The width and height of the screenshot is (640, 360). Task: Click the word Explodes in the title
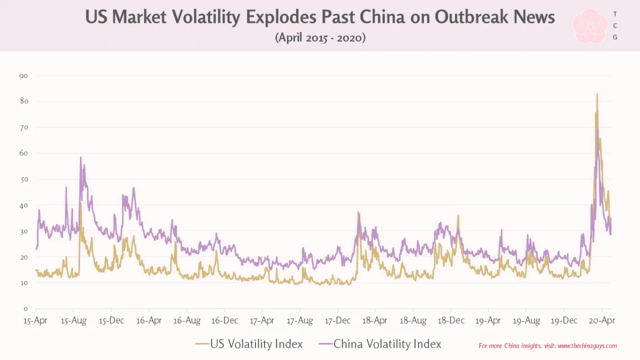pyautogui.click(x=281, y=17)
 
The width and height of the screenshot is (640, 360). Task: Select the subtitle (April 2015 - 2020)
pyautogui.click(x=320, y=38)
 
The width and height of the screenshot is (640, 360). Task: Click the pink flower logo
pyautogui.click(x=590, y=26)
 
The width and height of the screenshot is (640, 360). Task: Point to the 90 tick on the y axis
pyautogui.click(x=23, y=76)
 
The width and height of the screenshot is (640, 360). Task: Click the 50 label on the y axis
pyautogui.click(x=23, y=180)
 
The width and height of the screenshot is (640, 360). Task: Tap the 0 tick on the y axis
pyautogui.click(x=26, y=309)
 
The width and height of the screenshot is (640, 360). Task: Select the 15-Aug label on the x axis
pyautogui.click(x=74, y=321)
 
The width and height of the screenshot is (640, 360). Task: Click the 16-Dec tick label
pyautogui.click(x=225, y=321)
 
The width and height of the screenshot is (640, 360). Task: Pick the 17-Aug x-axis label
pyautogui.click(x=300, y=321)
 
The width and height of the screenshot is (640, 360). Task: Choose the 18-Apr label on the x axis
pyautogui.click(x=374, y=321)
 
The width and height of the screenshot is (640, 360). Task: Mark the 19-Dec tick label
pyautogui.click(x=564, y=321)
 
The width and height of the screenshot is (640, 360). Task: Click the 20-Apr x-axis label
pyautogui.click(x=602, y=321)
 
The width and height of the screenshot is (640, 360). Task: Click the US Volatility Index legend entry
pyautogui.click(x=249, y=344)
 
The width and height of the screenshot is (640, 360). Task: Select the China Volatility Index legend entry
pyautogui.click(x=380, y=344)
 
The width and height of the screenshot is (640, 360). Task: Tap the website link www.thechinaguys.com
pyautogui.click(x=587, y=346)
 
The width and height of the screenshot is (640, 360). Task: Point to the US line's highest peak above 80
pyautogui.click(x=597, y=94)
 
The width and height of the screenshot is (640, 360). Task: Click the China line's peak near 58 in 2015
pyautogui.click(x=81, y=157)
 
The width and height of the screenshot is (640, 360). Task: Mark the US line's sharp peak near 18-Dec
pyautogui.click(x=458, y=215)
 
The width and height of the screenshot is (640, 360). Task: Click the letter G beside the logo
pyautogui.click(x=615, y=37)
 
